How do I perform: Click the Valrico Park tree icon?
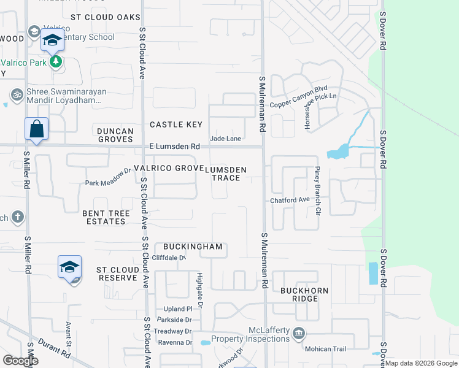click(x=56, y=61)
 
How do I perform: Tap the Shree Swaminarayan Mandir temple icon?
click(x=16, y=94)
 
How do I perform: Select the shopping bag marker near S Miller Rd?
click(x=36, y=129)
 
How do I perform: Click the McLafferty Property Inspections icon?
click(x=299, y=334)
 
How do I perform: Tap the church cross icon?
click(x=18, y=217)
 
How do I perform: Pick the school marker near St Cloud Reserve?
click(x=70, y=267)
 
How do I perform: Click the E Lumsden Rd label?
click(x=175, y=147)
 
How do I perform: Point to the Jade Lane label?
click(x=225, y=139)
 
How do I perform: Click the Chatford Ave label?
click(x=290, y=201)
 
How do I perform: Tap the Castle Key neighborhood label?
click(x=176, y=125)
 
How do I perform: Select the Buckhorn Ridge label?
click(x=305, y=294)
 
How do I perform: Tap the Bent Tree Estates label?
click(x=104, y=217)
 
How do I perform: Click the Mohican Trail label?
click(x=326, y=350)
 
